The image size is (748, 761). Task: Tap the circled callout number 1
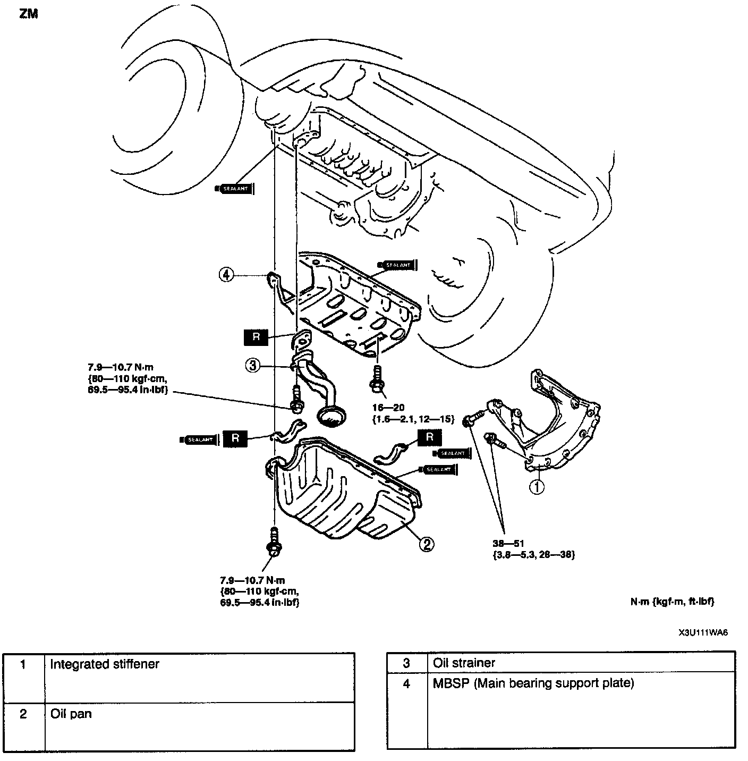coord(537,486)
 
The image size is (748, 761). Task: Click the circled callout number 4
coord(227,275)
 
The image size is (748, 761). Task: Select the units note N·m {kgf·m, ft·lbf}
coord(672,601)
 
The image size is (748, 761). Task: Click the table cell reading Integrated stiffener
coord(105,664)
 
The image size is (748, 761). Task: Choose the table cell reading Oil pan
coord(71,713)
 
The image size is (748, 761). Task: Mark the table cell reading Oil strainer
coord(464,663)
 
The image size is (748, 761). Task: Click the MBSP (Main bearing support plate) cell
coord(533,683)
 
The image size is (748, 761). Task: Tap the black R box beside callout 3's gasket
coord(257,337)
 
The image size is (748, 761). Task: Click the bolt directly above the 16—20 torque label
coord(377,380)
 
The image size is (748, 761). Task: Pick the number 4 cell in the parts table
coord(406,683)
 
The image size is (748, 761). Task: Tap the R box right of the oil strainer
coord(430,437)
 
